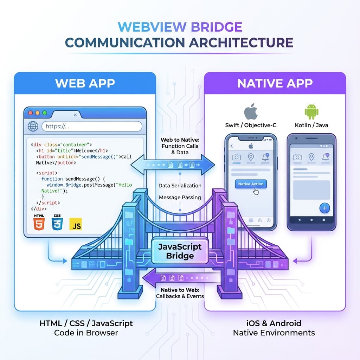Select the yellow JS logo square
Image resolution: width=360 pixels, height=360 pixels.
(x=76, y=224)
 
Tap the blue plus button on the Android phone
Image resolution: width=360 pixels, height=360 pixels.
(x=324, y=208)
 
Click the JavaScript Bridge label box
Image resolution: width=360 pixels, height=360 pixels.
(x=180, y=251)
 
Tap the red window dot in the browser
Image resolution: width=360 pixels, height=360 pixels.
(x=30, y=113)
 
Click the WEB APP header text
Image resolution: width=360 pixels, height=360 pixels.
(x=85, y=83)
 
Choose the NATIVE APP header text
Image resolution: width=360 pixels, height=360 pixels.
(x=275, y=83)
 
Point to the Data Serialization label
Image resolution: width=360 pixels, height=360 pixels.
(x=180, y=185)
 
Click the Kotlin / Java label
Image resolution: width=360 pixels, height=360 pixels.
(x=311, y=126)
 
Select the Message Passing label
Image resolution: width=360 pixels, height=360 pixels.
(x=180, y=197)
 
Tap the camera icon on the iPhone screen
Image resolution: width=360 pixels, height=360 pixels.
(x=237, y=157)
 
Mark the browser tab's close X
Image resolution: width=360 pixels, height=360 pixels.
(x=75, y=115)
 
